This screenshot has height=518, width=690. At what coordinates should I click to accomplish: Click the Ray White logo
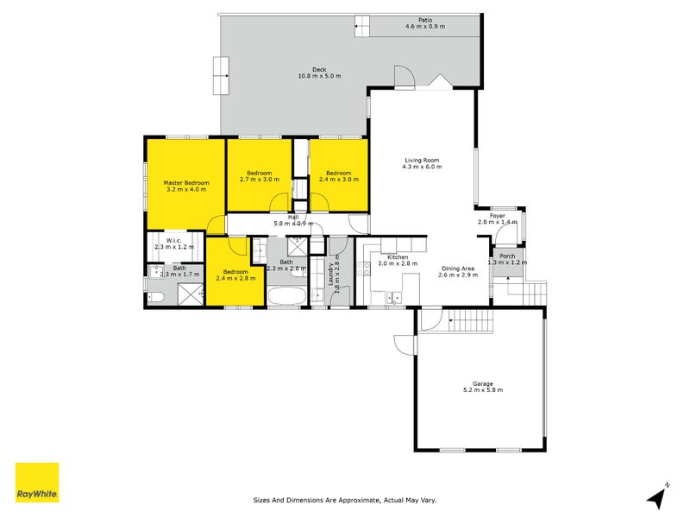pyautogui.click(x=37, y=482)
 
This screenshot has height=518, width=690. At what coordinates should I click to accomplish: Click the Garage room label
pyautogui.click(x=483, y=383)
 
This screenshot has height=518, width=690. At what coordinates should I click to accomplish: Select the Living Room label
pyautogui.click(x=422, y=161)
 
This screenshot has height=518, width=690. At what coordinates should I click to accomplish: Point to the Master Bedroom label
pyautogui.click(x=186, y=183)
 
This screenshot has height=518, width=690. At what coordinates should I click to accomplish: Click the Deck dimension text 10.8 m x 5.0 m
pyautogui.click(x=319, y=76)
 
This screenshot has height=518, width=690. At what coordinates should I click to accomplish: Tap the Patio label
pyautogui.click(x=425, y=20)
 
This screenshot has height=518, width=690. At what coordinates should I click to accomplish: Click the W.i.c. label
pyautogui.click(x=174, y=241)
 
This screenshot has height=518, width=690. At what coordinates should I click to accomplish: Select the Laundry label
pyautogui.click(x=330, y=274)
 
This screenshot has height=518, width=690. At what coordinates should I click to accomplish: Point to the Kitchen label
pyautogui.click(x=398, y=256)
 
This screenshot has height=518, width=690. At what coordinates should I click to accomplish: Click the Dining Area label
pyautogui.click(x=458, y=268)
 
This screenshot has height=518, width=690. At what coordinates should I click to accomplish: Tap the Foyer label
pyautogui.click(x=498, y=216)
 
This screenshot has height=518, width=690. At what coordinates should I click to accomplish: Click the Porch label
pyautogui.click(x=507, y=256)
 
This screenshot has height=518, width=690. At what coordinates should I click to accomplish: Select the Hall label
pyautogui.click(x=293, y=218)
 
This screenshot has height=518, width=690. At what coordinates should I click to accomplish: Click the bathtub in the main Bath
pyautogui.click(x=287, y=296)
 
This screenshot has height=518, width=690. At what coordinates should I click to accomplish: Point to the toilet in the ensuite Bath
pyautogui.click(x=155, y=298)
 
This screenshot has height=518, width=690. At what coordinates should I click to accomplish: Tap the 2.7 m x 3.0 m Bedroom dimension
pyautogui.click(x=260, y=180)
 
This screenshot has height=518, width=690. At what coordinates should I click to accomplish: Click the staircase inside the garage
pyautogui.click(x=470, y=321)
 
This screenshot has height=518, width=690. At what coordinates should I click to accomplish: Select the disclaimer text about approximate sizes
pyautogui.click(x=344, y=500)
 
